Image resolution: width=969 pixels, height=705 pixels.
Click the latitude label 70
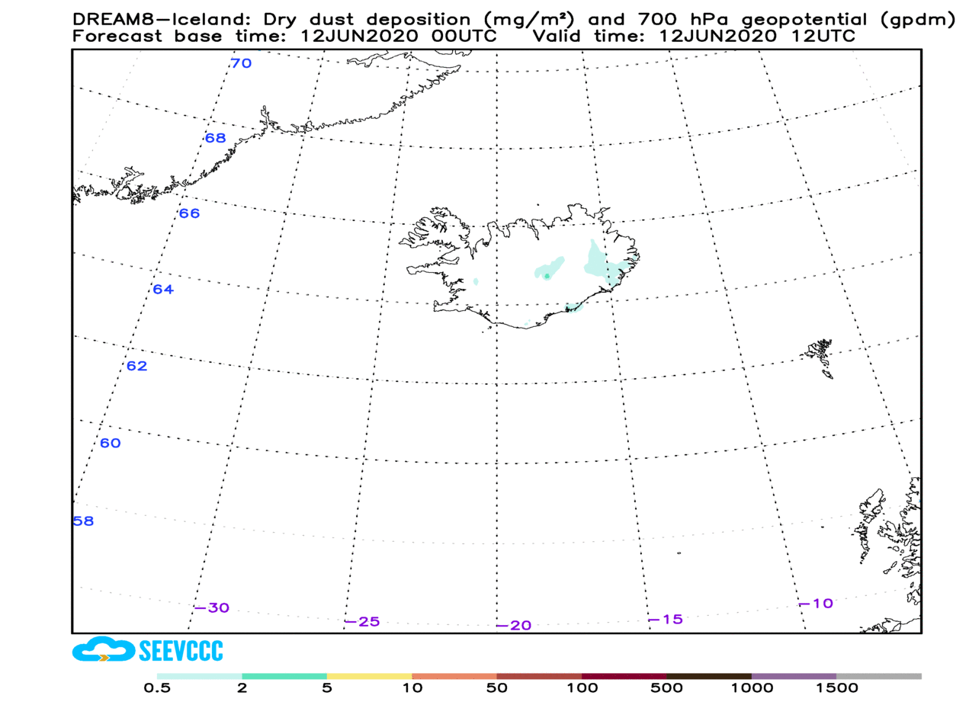point(241,63)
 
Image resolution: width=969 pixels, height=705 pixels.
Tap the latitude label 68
point(216,138)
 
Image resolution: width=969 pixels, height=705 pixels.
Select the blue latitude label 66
point(189,213)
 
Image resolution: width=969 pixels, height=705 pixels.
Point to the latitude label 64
point(163,290)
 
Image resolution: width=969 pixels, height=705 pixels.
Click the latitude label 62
point(136,366)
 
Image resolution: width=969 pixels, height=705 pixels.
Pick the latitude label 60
point(111,444)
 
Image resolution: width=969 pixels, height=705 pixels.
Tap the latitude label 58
point(83,522)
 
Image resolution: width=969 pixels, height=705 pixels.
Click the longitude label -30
point(211,608)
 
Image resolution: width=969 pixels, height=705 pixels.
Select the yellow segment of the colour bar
point(369,676)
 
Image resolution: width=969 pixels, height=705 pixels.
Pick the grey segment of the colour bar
point(878,676)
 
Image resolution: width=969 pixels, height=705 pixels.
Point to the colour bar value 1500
point(836,689)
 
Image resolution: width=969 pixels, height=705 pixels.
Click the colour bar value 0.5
point(157,689)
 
